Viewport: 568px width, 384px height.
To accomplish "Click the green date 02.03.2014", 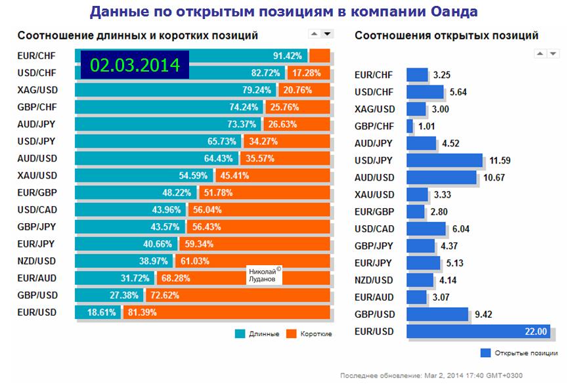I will tap(135, 65).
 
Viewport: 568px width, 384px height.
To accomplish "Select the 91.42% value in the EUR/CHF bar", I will tap(288, 56).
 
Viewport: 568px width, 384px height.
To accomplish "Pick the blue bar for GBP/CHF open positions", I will tap(410, 126).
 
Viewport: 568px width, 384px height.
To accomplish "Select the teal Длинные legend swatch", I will tap(240, 333).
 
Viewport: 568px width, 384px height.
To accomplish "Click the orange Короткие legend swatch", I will tap(292, 333).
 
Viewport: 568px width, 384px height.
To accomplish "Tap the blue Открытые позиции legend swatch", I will tap(486, 353).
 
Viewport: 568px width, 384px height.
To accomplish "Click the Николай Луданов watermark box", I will tap(265, 275).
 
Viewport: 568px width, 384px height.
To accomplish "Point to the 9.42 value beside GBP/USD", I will tap(484, 314).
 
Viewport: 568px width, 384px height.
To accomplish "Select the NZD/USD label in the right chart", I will tap(374, 280).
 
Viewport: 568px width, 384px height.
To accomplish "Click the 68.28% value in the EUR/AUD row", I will tap(174, 278).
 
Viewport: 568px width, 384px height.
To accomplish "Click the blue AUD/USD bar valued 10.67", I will tap(441, 177).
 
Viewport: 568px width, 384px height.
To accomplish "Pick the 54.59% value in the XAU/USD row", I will tap(192, 176).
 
